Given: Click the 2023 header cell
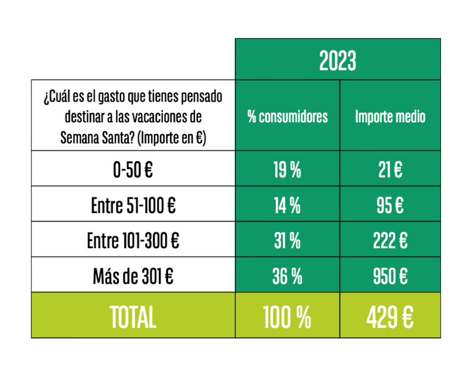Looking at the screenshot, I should [x=338, y=60].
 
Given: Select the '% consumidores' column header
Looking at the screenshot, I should [x=287, y=116].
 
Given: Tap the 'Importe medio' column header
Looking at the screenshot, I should [x=390, y=116].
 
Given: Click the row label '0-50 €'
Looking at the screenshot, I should [x=133, y=170].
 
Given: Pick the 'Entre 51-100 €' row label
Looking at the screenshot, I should [x=133, y=205].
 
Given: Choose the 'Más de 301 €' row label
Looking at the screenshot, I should [x=133, y=276].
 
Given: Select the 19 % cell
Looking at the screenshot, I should [x=287, y=170].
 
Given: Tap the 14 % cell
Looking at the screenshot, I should [x=287, y=205].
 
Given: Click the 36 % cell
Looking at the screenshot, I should [x=287, y=276].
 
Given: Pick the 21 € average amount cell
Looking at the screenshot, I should [x=390, y=170].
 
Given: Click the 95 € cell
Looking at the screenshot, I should [x=390, y=205].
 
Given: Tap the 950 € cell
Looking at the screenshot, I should [x=390, y=276].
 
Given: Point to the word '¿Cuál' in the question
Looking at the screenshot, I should [x=55, y=96].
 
